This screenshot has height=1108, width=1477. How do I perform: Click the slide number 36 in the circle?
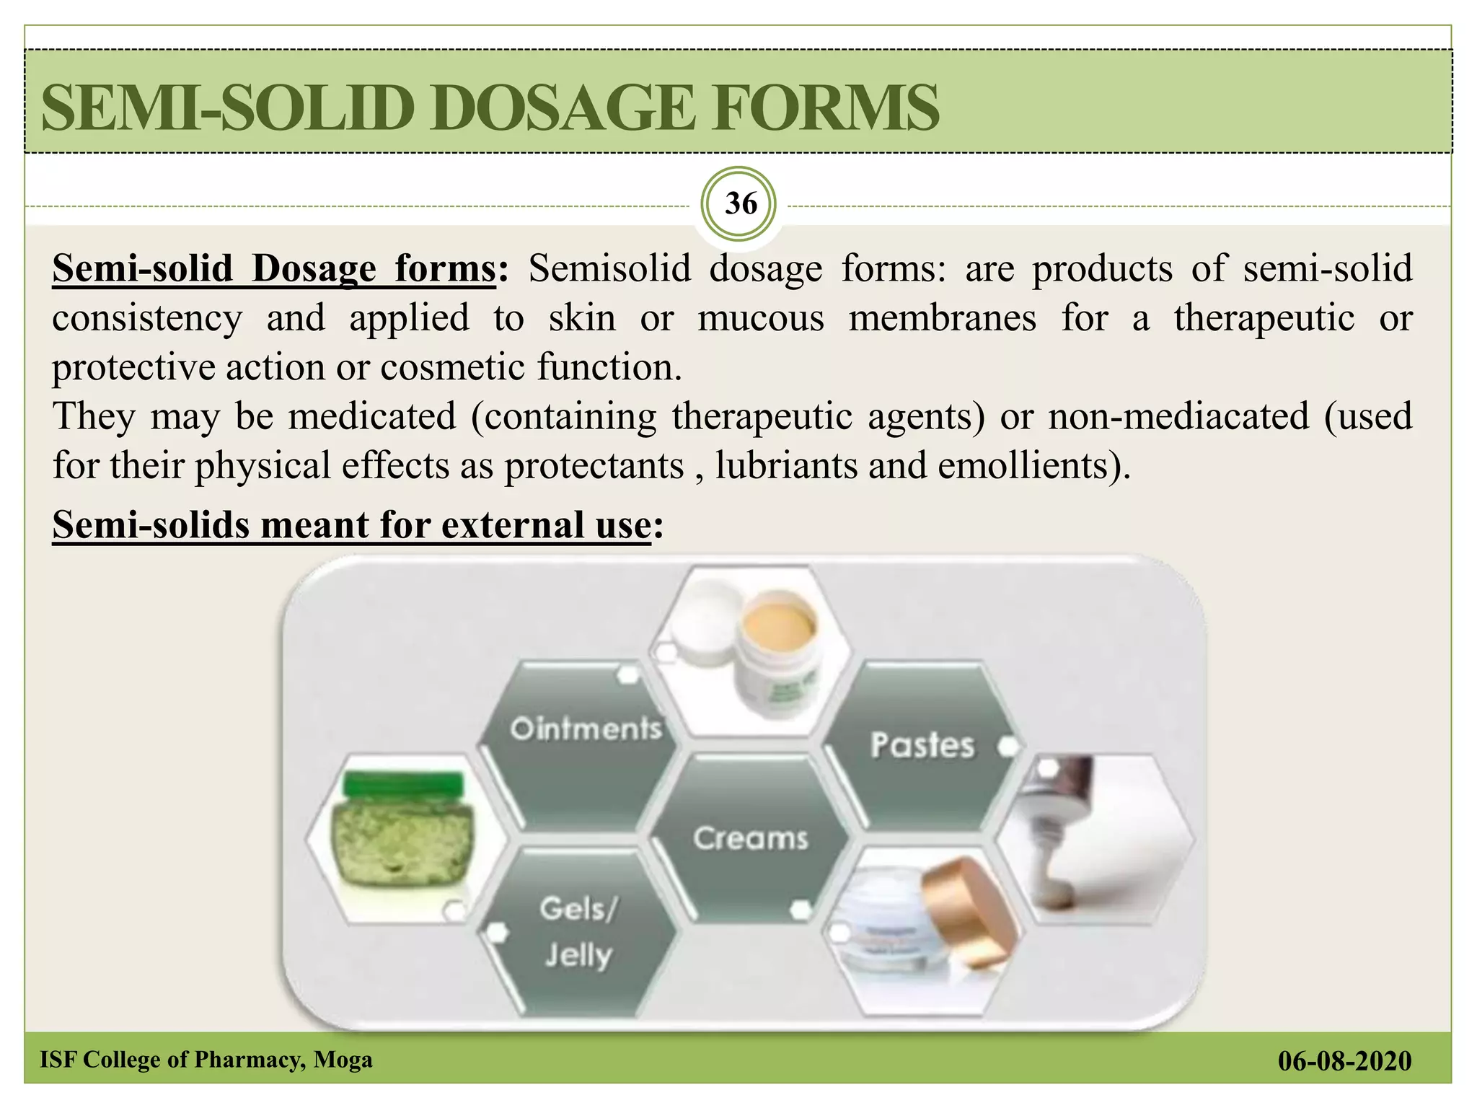[x=741, y=204]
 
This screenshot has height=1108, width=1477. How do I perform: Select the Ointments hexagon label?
[x=586, y=729]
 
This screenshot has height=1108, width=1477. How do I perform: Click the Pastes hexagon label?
[x=922, y=745]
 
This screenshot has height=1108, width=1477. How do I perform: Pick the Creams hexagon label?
[x=751, y=838]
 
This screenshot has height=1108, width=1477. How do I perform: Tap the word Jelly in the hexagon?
[x=578, y=955]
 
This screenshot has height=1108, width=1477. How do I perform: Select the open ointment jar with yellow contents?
[x=779, y=635]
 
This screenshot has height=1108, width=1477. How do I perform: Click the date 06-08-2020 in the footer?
[x=1344, y=1060]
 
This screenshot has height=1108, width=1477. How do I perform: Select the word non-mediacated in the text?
[x=1178, y=416]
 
